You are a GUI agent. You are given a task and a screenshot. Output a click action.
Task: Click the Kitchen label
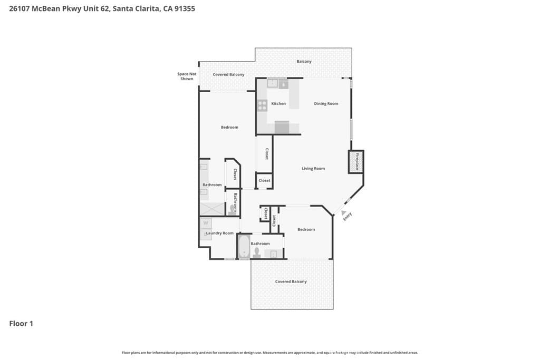click(x=278, y=104)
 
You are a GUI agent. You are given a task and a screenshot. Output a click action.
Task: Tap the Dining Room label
click(x=326, y=104)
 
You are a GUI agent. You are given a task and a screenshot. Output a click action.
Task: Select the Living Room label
click(x=313, y=169)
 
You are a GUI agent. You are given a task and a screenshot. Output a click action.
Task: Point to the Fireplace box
click(x=356, y=161)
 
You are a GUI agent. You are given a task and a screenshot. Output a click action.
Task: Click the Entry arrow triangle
click(x=336, y=211)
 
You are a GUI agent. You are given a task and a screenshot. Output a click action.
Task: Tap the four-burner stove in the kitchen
click(x=262, y=105)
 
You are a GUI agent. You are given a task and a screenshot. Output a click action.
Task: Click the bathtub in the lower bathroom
click(x=244, y=247)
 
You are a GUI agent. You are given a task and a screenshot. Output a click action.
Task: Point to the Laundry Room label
click(x=220, y=233)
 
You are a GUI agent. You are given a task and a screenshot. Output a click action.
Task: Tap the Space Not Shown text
click(x=187, y=76)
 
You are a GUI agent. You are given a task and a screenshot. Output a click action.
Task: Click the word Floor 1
click(x=21, y=324)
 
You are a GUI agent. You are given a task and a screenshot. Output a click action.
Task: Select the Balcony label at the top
click(x=304, y=62)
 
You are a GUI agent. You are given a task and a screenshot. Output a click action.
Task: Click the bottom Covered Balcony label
click(x=291, y=282)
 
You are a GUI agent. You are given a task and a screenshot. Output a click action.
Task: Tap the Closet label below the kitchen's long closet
click(x=265, y=181)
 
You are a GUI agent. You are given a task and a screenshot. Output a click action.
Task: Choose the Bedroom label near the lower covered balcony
click(x=306, y=229)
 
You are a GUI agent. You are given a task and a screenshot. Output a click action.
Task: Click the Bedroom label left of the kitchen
click(x=229, y=128)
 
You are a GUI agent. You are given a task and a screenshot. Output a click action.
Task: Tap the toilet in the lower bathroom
click(x=257, y=254)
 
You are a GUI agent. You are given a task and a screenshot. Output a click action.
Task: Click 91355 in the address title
click(x=185, y=9)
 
